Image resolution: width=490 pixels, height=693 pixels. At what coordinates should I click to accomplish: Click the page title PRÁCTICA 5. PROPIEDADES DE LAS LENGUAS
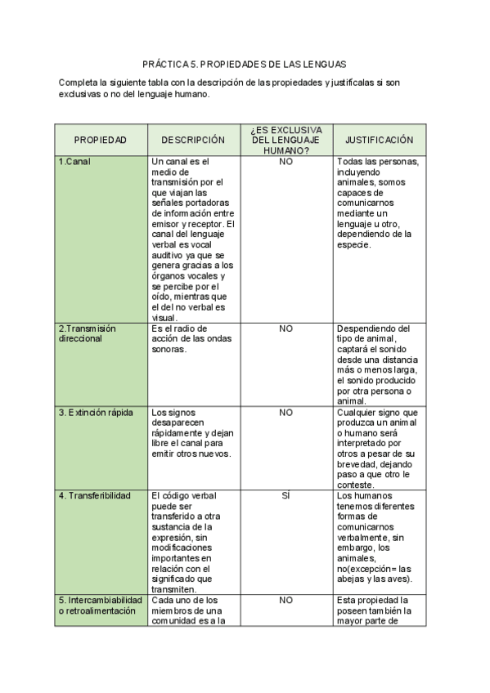pos(245,63)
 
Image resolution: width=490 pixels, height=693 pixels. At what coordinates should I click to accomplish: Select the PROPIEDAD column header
pos(101,141)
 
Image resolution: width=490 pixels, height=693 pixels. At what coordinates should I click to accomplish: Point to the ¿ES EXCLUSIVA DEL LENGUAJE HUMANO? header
pos(285,141)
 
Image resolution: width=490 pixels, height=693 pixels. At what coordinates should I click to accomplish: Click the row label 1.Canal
pos(74,161)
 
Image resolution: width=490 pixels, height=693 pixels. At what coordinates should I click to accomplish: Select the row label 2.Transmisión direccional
pos(87,333)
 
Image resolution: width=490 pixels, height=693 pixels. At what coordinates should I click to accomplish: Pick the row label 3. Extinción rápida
pos(96,413)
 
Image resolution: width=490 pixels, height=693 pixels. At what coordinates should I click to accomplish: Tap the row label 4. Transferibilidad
pos(92,495)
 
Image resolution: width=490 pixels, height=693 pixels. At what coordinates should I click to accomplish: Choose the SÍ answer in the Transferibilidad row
pos(285,495)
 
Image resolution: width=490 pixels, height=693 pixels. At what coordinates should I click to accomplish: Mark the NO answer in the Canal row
pos(285,161)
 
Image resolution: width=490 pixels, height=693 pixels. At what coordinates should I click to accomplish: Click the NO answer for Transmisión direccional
pos(285,329)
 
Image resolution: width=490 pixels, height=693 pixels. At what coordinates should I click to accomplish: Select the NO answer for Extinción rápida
pos(285,413)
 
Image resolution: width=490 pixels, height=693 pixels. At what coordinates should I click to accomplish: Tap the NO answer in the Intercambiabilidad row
pos(285,600)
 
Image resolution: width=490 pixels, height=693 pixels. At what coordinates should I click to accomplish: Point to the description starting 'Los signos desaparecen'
pos(192,432)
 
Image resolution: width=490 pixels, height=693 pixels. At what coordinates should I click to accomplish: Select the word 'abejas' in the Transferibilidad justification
pos(351,580)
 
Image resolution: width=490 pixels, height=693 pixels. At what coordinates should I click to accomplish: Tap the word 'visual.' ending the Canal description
pos(164,318)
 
